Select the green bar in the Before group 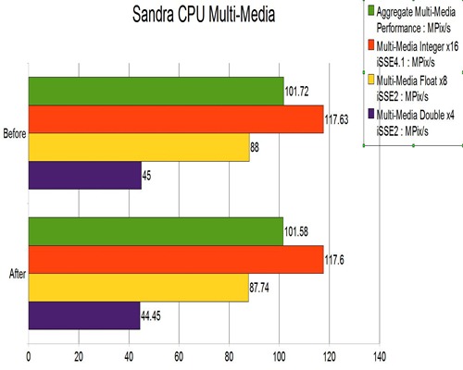tap(156, 92)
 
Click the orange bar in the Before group tap(176, 119)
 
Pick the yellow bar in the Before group tap(139, 148)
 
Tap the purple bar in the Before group tap(85, 176)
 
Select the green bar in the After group tap(156, 231)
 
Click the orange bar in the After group tap(176, 260)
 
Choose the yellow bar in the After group tap(139, 288)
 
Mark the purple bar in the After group tap(84, 315)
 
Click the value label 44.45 tap(154, 316)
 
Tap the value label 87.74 tap(262, 289)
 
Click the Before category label tap(14, 135)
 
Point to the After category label tap(16, 275)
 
